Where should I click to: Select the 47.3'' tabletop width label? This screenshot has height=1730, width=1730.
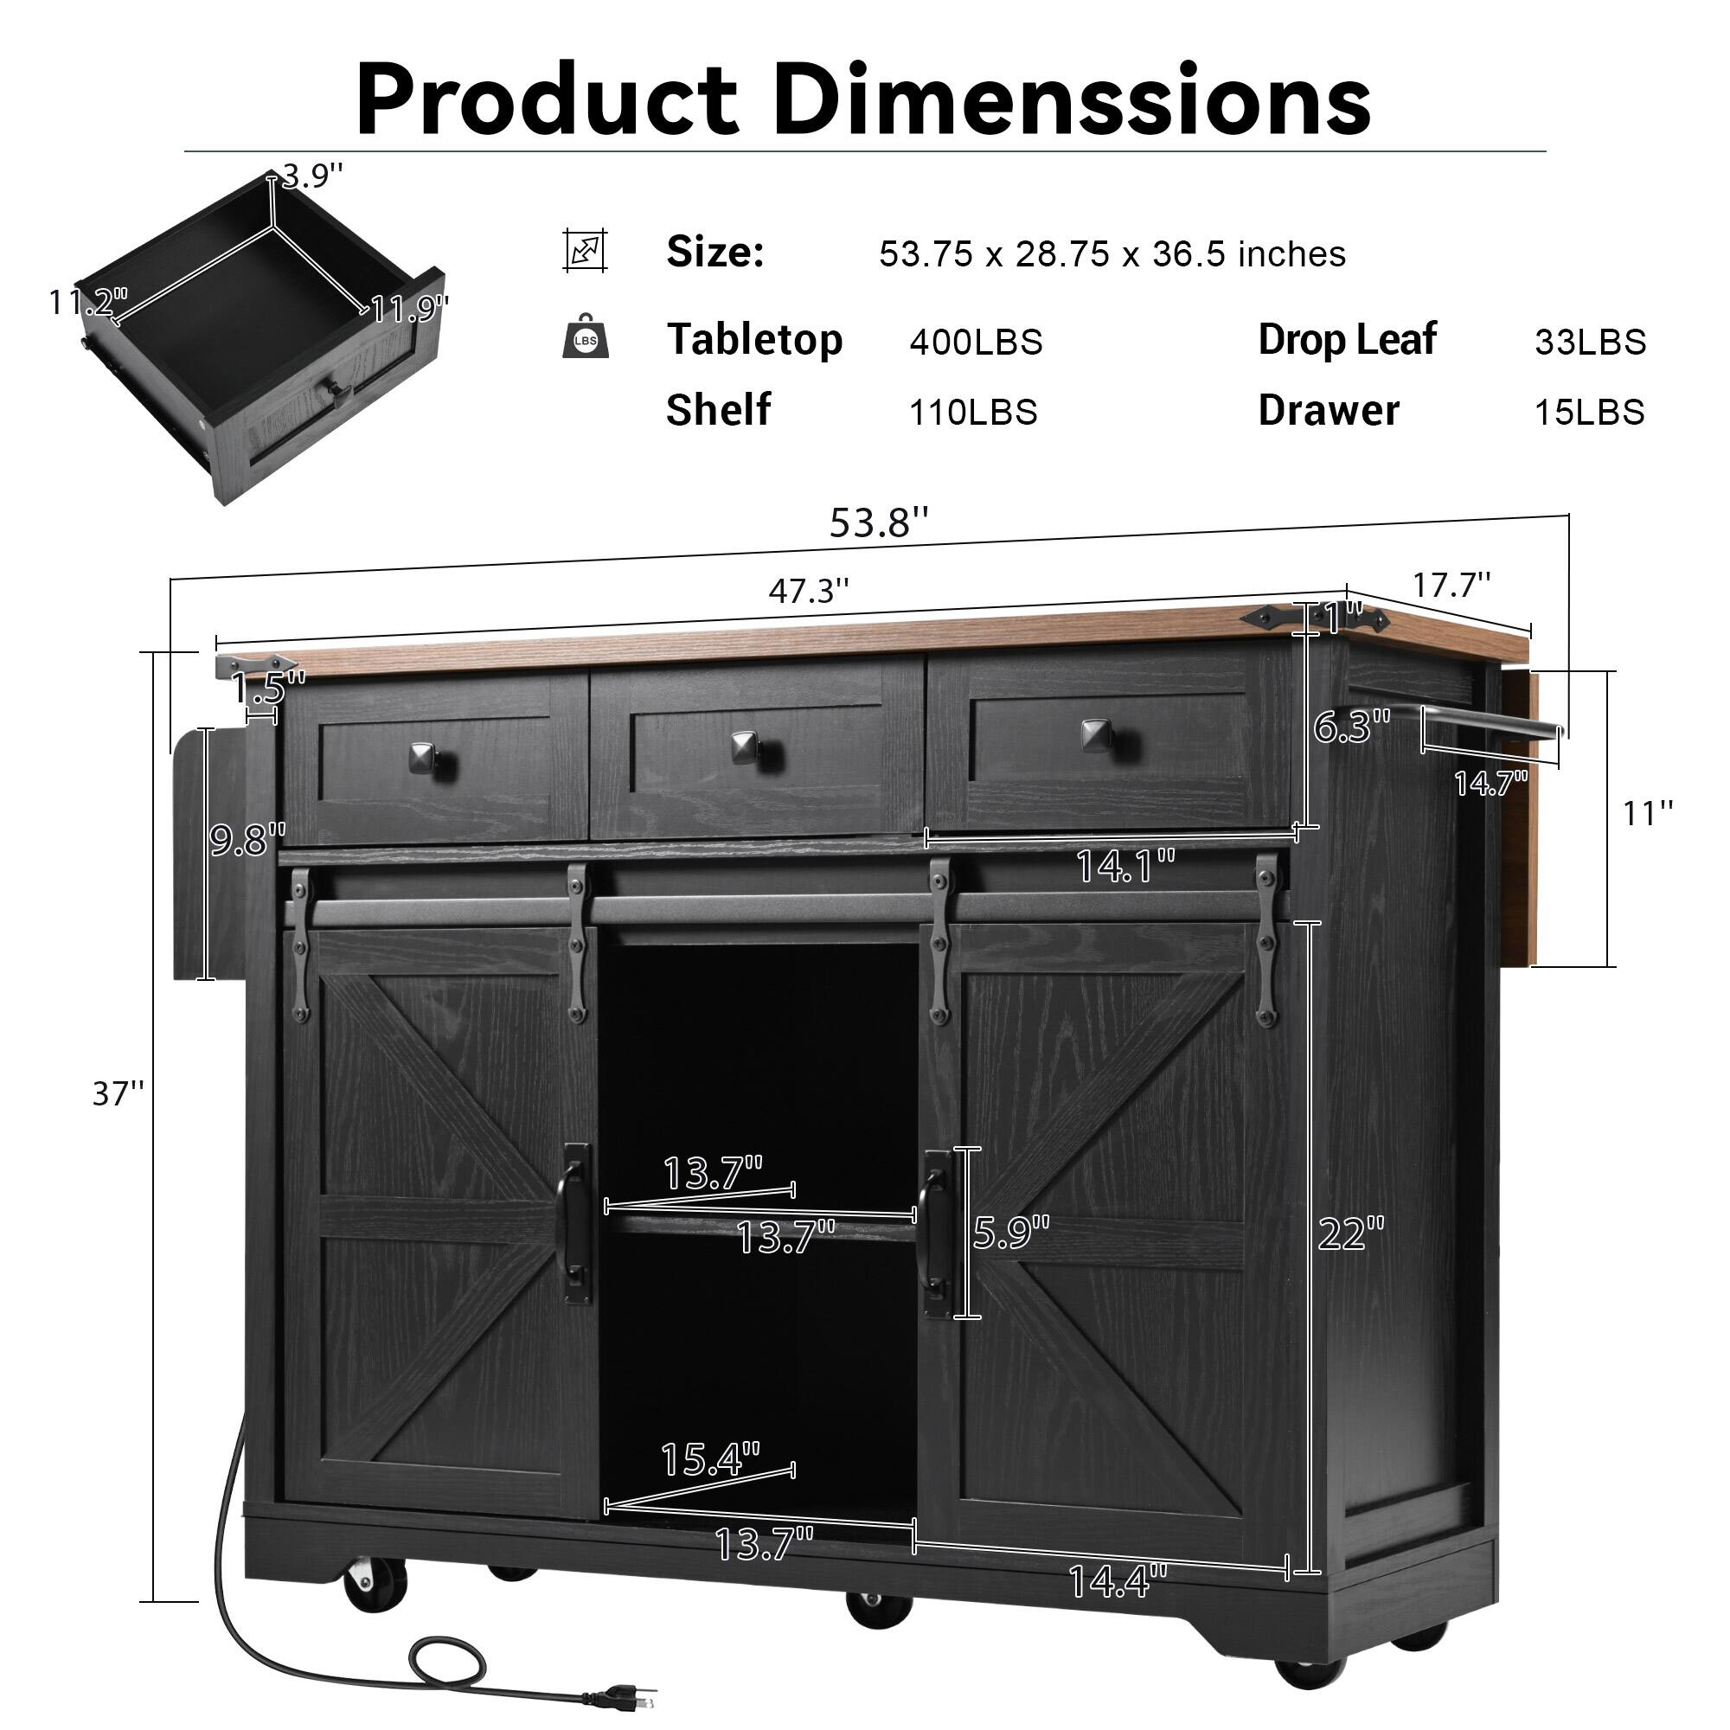coord(808,591)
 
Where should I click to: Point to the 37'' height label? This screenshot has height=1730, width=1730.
coord(118,1093)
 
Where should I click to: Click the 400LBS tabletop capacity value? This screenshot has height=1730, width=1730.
coord(975,342)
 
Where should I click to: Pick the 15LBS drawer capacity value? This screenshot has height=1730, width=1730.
coord(1588,412)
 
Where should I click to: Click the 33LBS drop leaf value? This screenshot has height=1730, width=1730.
coord(1589,342)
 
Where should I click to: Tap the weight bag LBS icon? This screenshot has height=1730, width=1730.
coord(585,337)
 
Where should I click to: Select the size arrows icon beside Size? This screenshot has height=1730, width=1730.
coord(585,250)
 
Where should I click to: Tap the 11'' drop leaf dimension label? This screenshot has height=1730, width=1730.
coord(1647,813)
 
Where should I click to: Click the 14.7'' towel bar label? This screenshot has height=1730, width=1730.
coord(1490,785)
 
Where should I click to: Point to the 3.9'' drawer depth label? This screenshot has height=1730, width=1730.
coord(311,176)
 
